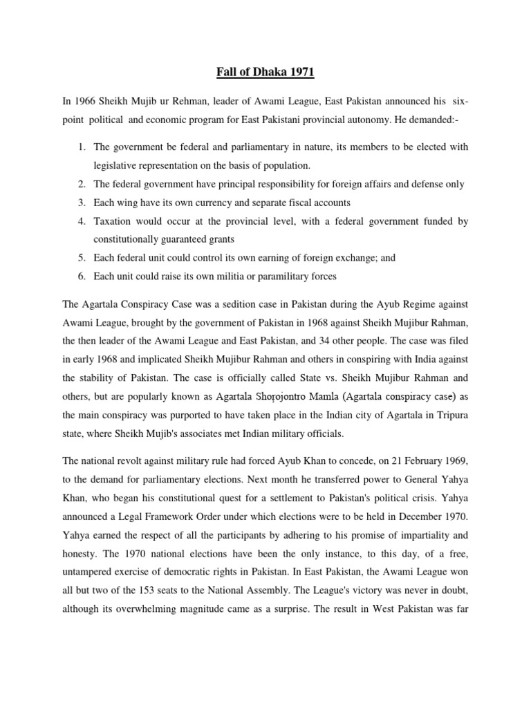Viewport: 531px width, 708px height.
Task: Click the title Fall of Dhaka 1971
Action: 265,71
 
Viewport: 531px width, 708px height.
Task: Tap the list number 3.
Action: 81,203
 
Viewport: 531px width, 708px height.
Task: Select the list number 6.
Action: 81,277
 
